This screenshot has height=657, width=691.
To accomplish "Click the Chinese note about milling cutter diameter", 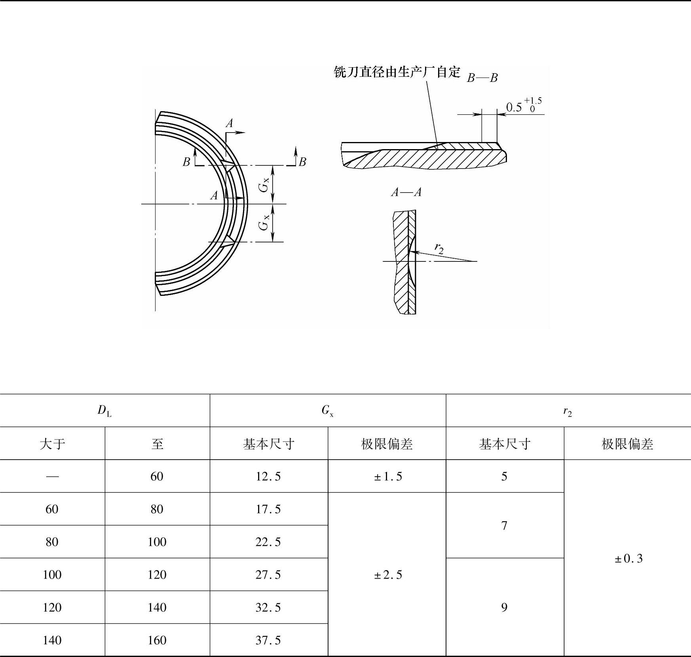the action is [397, 72].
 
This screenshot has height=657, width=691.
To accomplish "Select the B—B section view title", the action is [482, 78].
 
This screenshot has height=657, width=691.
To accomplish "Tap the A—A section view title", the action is [406, 192].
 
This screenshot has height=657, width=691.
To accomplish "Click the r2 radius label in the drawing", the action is [439, 248].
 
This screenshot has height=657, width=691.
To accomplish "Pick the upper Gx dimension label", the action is [264, 184].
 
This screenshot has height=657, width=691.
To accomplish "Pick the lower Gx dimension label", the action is [264, 222].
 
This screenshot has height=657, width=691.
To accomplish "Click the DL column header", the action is [104, 411].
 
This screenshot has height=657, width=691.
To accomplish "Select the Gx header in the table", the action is [327, 411].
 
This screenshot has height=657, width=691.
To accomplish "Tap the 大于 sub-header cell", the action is [52, 443].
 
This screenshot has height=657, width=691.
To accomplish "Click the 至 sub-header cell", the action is [157, 443].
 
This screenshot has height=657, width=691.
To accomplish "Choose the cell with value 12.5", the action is [268, 476].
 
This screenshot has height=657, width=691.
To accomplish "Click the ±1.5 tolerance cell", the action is [387, 476].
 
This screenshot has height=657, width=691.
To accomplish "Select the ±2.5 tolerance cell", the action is [387, 574].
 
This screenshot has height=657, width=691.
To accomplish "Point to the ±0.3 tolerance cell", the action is [628, 558].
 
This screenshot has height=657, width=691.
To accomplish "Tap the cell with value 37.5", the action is [268, 640].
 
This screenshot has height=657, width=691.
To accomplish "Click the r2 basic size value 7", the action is [504, 525].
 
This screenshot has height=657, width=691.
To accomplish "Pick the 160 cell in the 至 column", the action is [157, 640].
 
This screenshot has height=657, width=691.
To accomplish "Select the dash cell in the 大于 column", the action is [52, 476].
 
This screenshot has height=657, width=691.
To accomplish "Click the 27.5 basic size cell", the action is [268, 574].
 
